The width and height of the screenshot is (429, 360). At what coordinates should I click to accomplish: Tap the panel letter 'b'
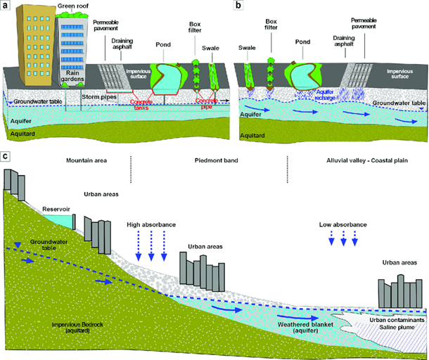coord(238,6)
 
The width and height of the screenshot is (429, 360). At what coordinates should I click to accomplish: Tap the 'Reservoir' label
coord(56,210)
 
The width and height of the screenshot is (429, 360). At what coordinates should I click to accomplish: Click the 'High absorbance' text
coord(151,225)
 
